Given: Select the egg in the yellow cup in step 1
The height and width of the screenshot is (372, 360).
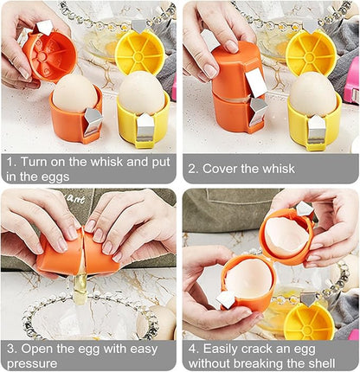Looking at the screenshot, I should coord(142,93).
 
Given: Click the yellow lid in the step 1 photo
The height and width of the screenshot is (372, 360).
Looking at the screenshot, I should coord(139,53).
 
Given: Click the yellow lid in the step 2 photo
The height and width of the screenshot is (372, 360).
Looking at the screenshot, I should coord(309,53).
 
